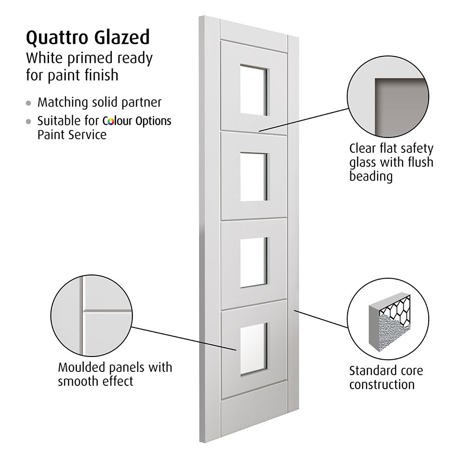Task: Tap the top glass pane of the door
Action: coord(254,90)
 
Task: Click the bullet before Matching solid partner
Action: coord(29,103)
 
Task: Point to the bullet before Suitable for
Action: coord(29,122)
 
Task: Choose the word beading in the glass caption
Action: coord(371,177)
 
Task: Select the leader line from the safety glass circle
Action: coord(303,120)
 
